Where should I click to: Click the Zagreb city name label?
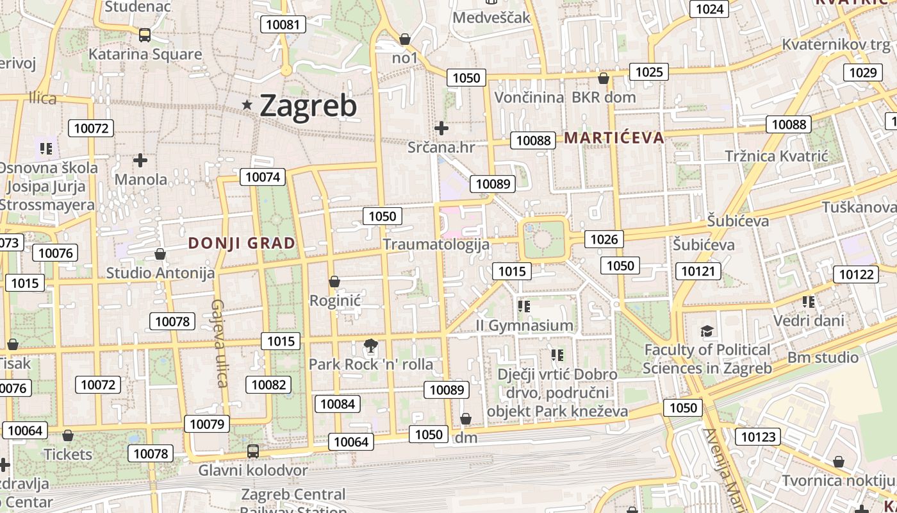[308, 106]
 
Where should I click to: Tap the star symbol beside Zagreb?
[247, 105]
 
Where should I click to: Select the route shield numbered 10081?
[283, 25]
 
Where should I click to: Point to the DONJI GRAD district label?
[242, 243]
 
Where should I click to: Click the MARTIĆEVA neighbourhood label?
[614, 137]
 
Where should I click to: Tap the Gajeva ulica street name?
[218, 343]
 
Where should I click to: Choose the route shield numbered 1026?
[604, 239]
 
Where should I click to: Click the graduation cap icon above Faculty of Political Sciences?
[707, 331]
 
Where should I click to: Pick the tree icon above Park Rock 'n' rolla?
[370, 346]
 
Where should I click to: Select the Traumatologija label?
[436, 244]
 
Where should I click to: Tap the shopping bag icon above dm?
[466, 419]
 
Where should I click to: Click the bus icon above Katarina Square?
[145, 35]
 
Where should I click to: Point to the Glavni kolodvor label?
[252, 470]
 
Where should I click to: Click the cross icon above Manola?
[140, 160]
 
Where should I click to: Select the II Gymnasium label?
[524, 326]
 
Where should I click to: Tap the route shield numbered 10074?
[263, 177]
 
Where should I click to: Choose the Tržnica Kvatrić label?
[777, 156]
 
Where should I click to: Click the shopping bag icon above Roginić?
[334, 282]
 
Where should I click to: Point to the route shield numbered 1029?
[862, 72]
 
